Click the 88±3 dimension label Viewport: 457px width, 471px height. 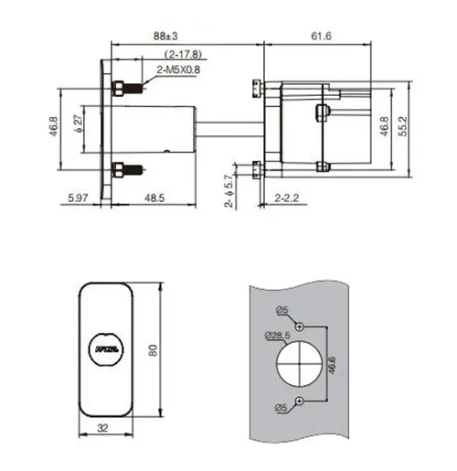pos(165,36)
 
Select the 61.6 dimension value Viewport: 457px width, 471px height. pos(320,36)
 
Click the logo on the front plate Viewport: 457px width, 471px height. pos(107,348)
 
